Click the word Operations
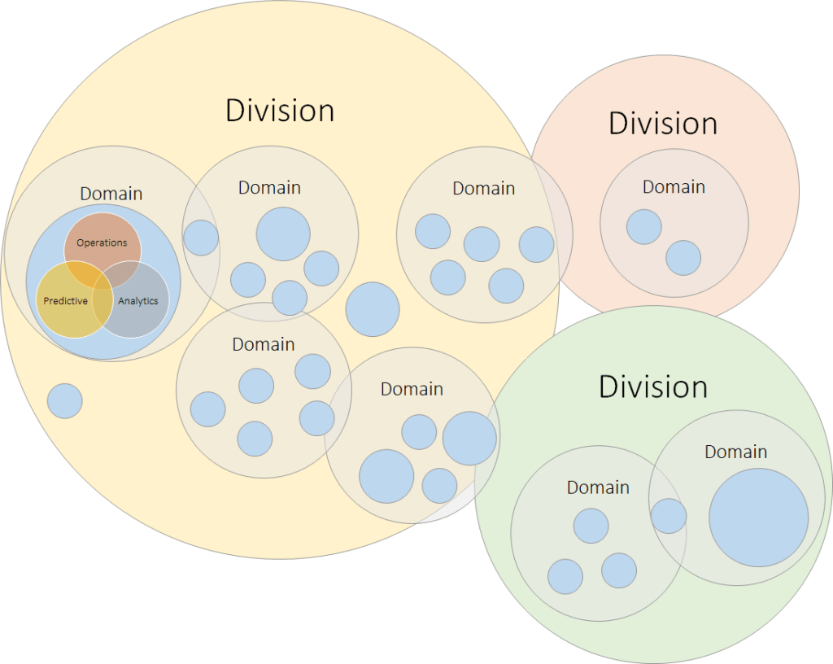click(x=102, y=242)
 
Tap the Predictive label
click(x=65, y=301)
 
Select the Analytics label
click(x=138, y=301)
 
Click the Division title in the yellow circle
click(x=280, y=111)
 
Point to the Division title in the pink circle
click(x=663, y=124)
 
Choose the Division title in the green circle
click(x=653, y=387)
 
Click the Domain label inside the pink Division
click(x=674, y=187)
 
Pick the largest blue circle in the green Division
click(x=758, y=518)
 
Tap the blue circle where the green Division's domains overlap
click(x=669, y=516)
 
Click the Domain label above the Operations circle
click(x=111, y=194)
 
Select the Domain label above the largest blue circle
click(x=735, y=452)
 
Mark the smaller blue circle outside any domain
click(x=65, y=401)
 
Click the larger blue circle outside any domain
click(x=373, y=309)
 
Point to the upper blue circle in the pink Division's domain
click(x=644, y=226)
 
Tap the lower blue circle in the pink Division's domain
click(x=683, y=257)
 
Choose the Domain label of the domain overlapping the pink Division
click(x=484, y=189)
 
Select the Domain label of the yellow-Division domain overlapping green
click(x=412, y=389)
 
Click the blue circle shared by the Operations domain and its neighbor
click(x=201, y=238)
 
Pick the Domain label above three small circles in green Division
click(x=598, y=487)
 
